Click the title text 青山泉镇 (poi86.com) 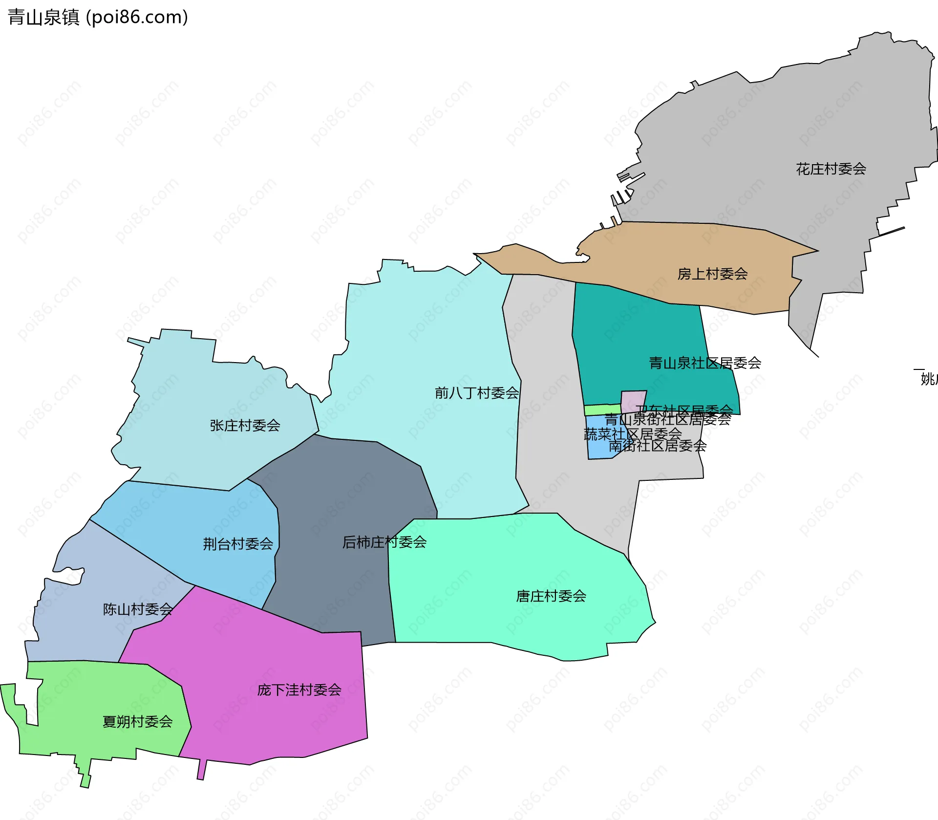pos(98,17)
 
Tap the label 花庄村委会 pos(831,169)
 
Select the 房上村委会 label pos(712,274)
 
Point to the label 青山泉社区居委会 pos(704,363)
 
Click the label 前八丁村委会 pos(477,393)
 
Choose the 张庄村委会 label pos(245,425)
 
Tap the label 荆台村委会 pos(238,543)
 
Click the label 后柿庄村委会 pos(384,542)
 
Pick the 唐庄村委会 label pos(551,596)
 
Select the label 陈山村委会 pos(138,609)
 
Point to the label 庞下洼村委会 pos(299,690)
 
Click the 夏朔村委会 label pos(137,721)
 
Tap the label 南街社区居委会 pos(657,446)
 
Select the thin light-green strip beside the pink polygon pos(602,410)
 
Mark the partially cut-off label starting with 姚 pos(928,379)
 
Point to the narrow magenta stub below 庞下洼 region pos(201,770)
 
